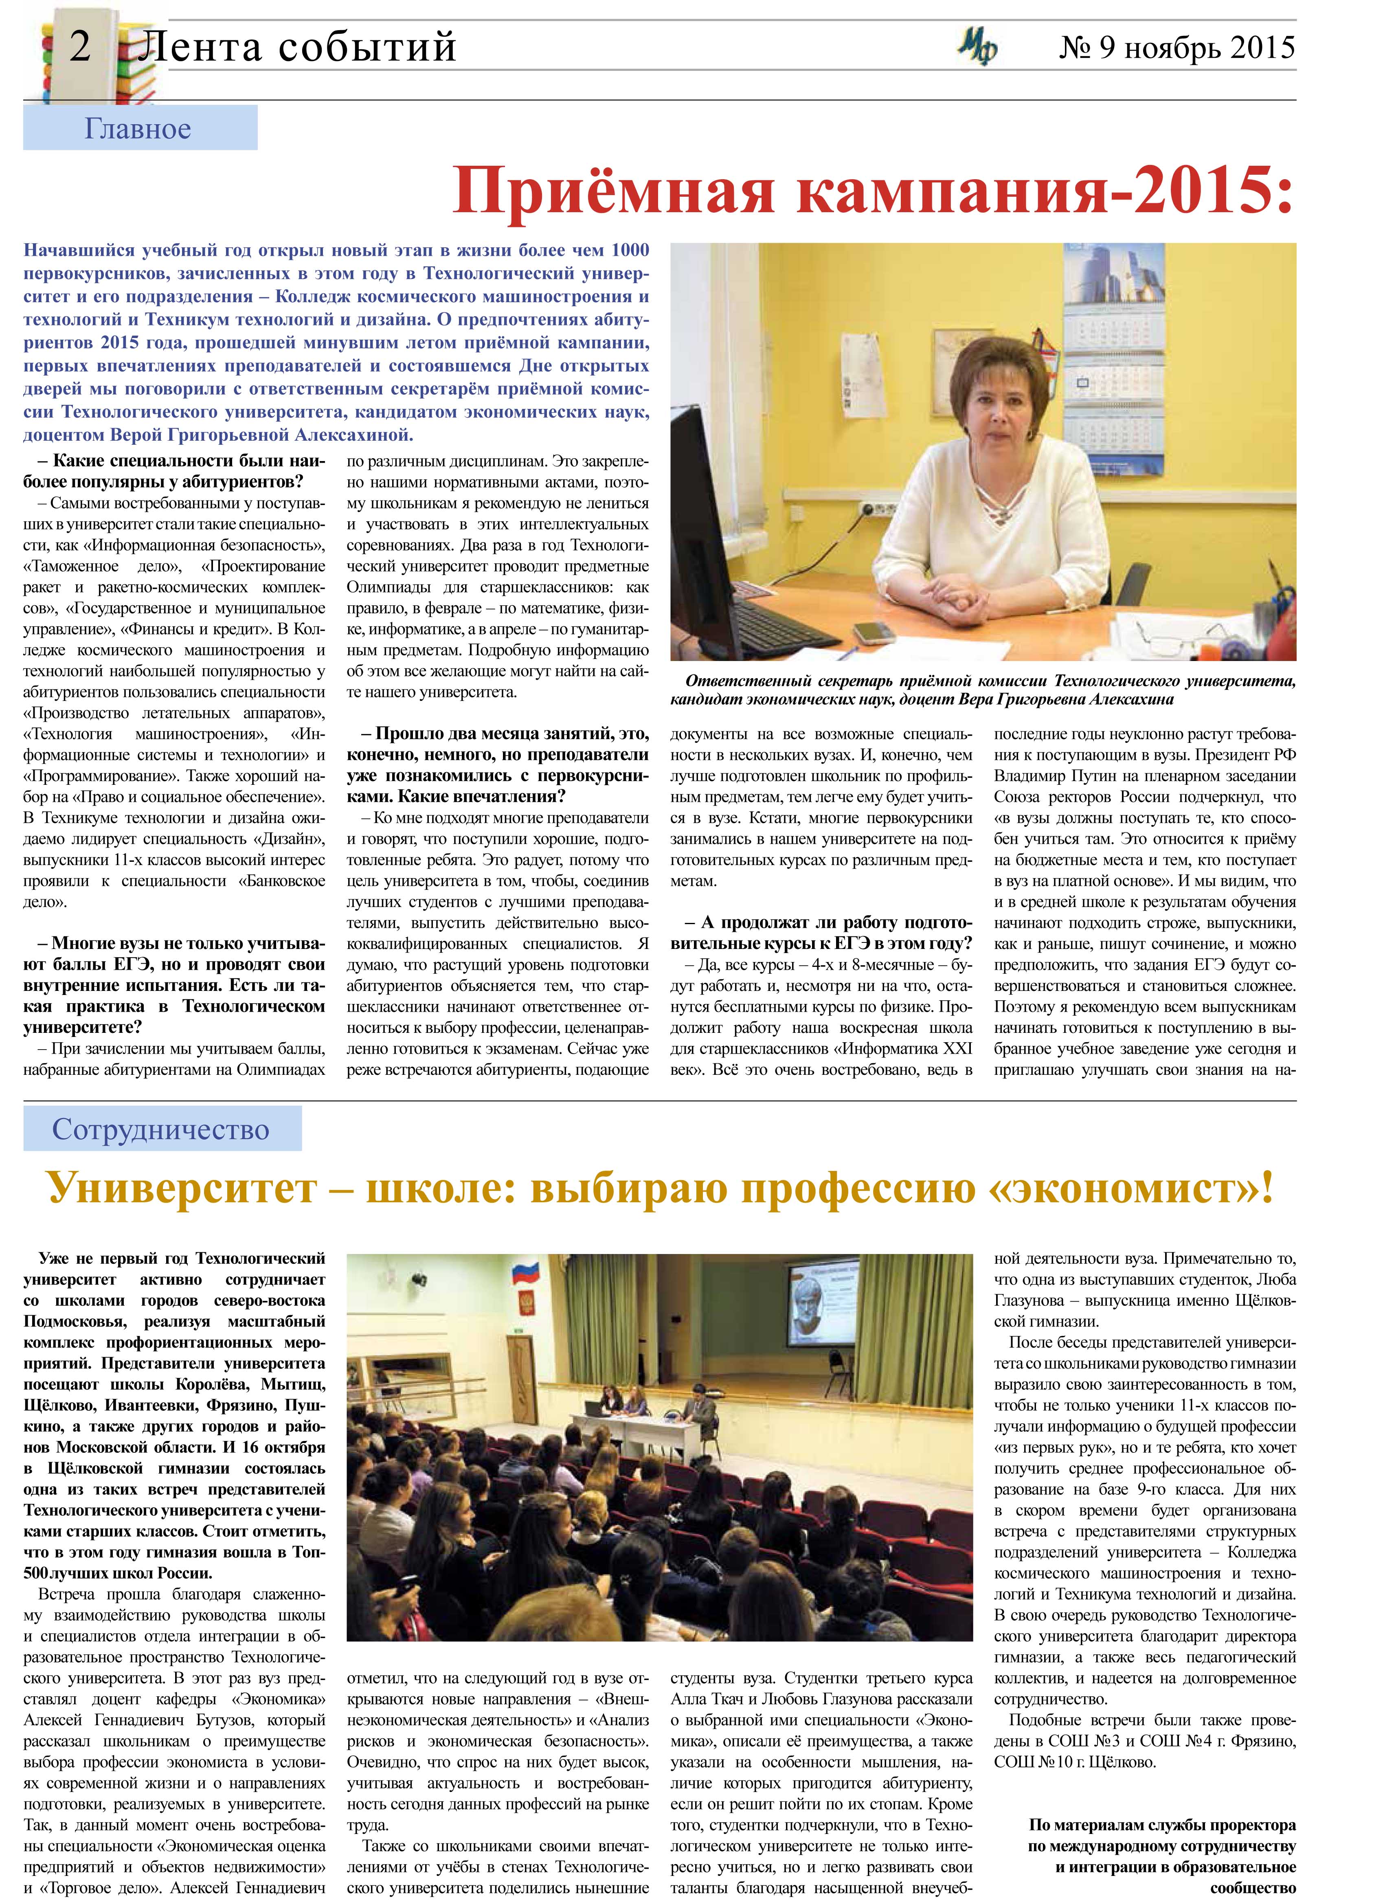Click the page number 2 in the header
[79, 46]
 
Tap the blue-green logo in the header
[978, 48]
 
